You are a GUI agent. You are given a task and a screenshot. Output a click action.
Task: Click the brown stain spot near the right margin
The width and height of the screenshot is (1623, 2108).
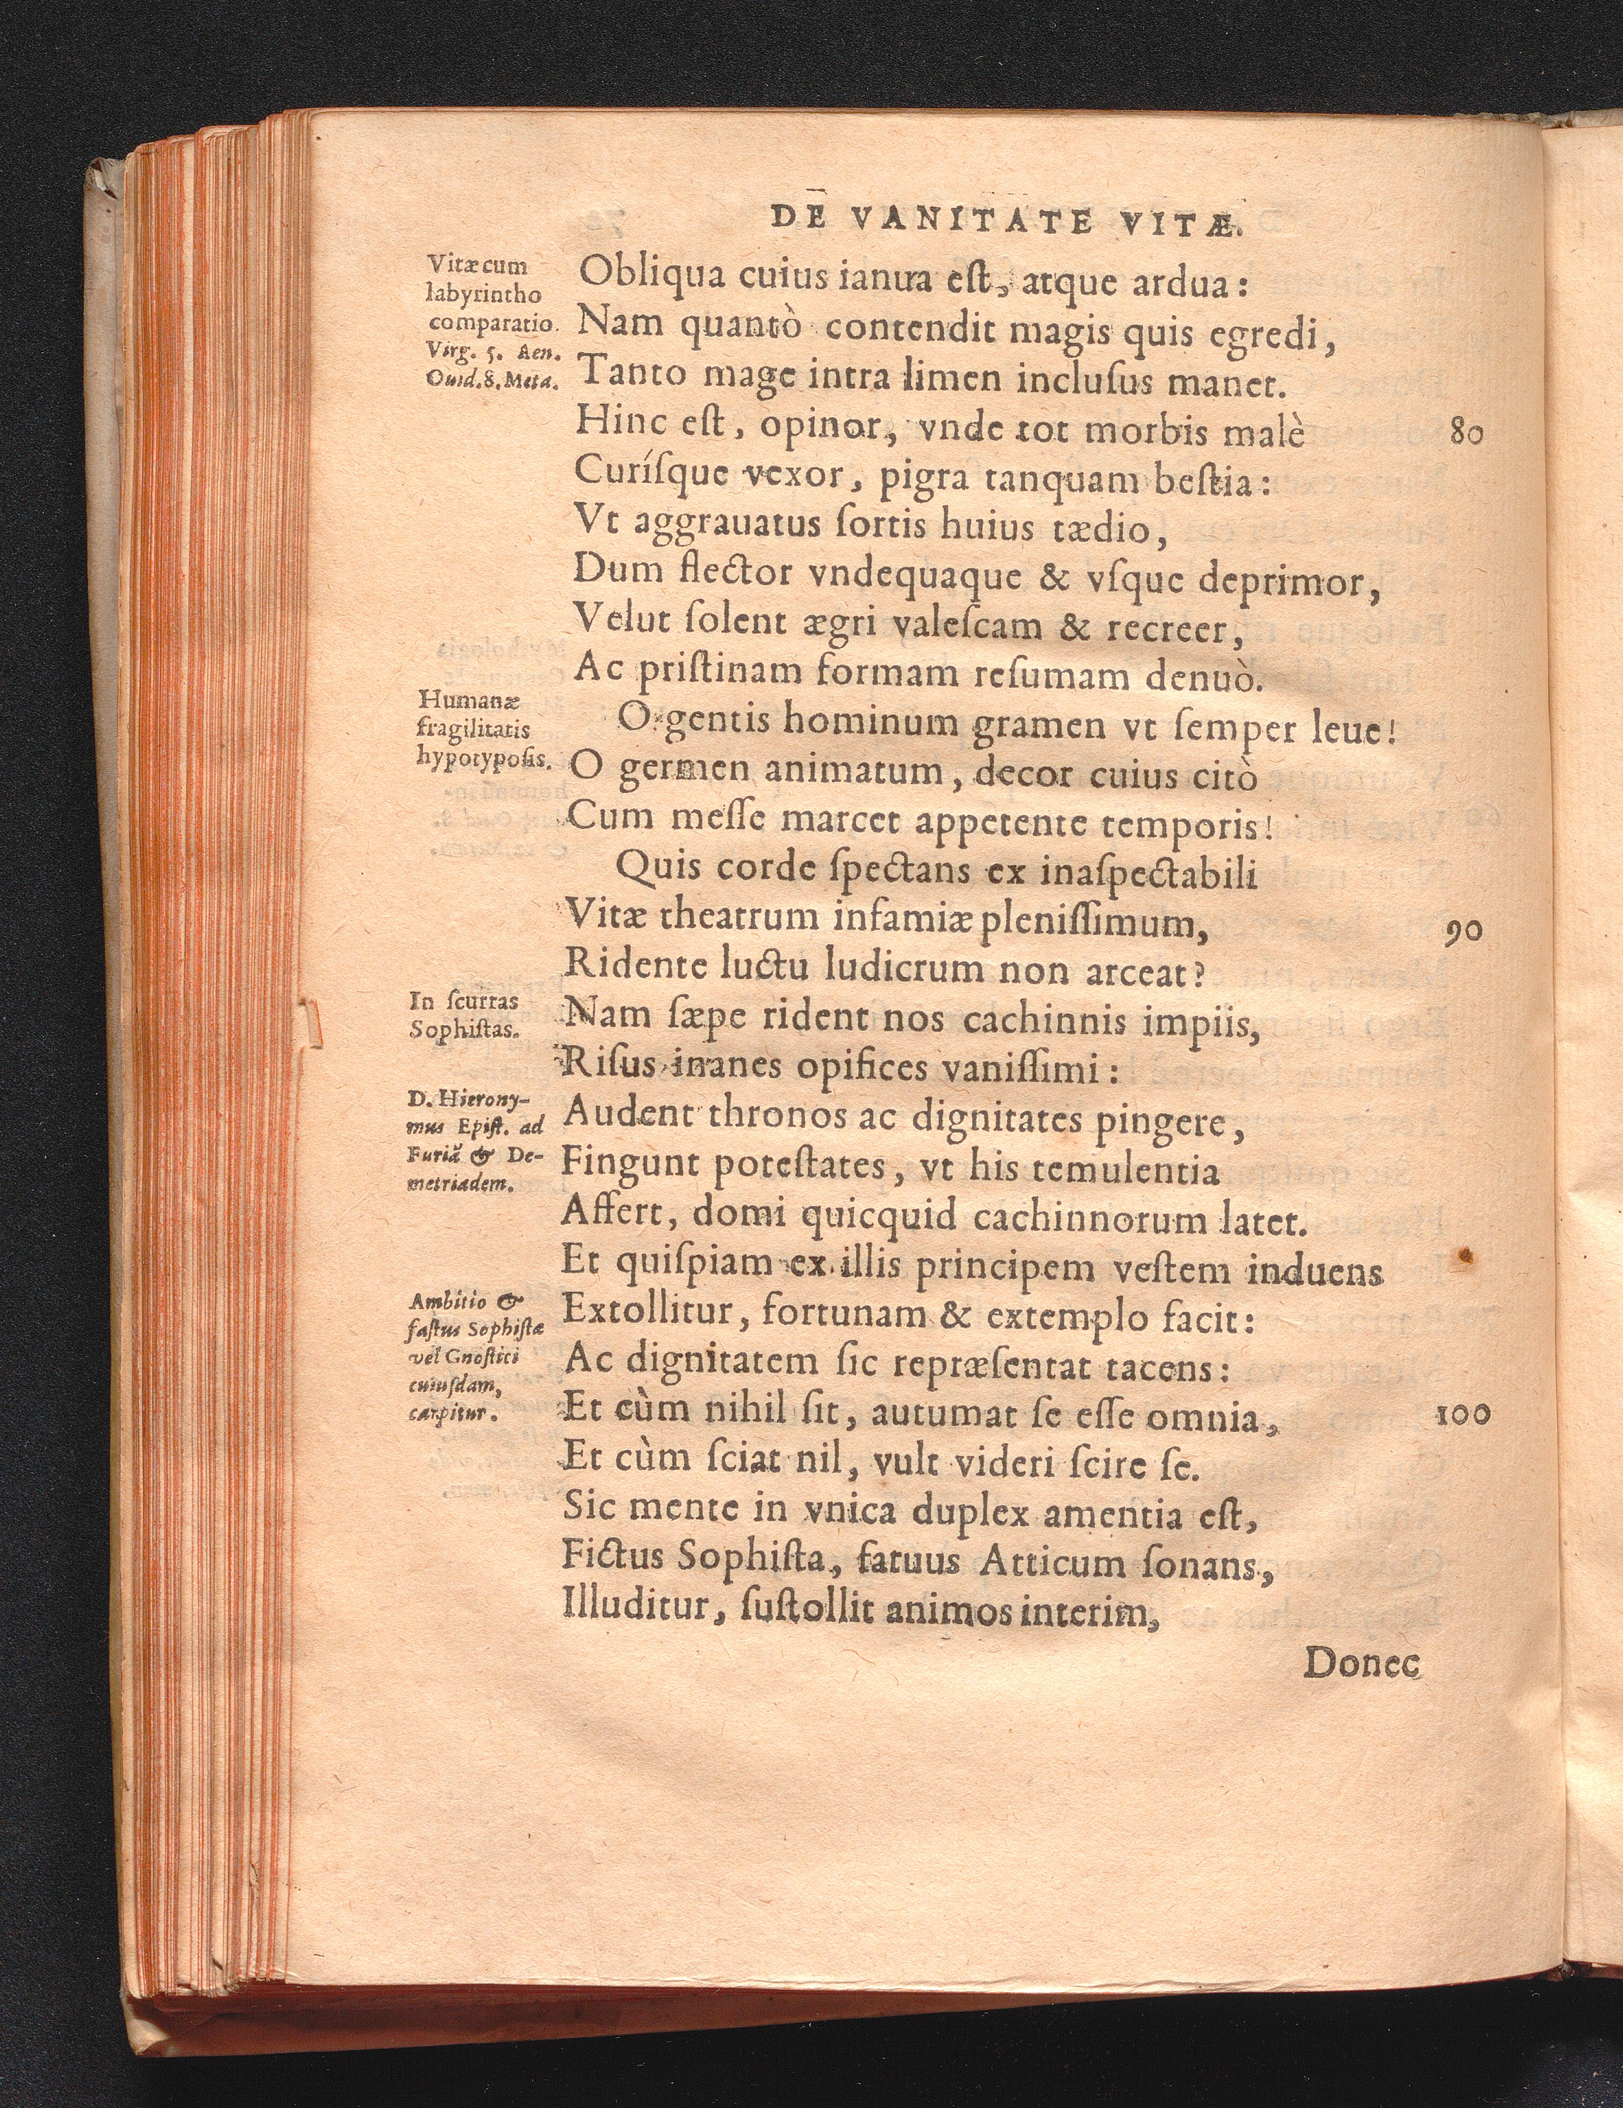click(1467, 1255)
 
